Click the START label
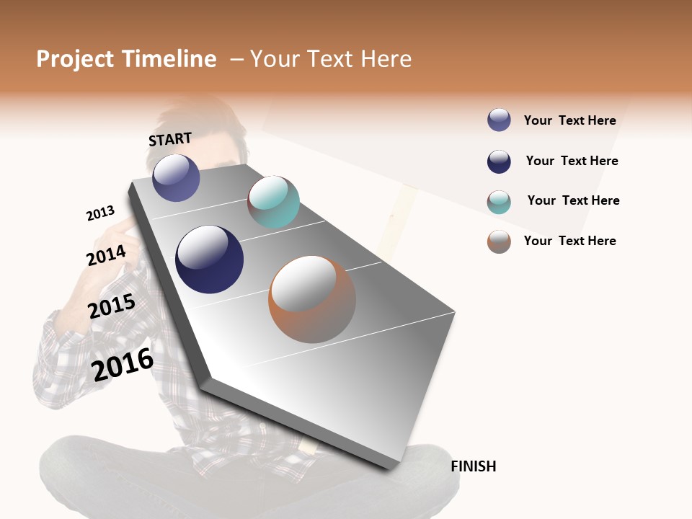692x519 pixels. click(x=170, y=139)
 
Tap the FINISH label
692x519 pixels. click(x=473, y=466)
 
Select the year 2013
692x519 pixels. click(x=100, y=213)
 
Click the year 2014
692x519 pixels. click(x=106, y=255)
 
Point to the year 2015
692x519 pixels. click(x=111, y=306)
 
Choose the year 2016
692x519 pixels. click(x=123, y=364)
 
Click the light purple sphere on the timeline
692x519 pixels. click(x=176, y=178)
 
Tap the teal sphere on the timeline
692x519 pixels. click(x=273, y=202)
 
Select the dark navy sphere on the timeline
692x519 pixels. click(x=210, y=259)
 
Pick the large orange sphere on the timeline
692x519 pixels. click(x=312, y=299)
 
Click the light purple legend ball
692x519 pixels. click(x=499, y=120)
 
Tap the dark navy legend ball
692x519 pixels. click(x=499, y=161)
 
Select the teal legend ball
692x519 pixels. click(x=499, y=202)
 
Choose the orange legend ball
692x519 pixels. click(x=499, y=241)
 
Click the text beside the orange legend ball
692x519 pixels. click(x=569, y=241)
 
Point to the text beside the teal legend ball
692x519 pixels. click(x=573, y=200)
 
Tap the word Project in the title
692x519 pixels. click(x=76, y=59)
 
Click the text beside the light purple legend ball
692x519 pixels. click(x=569, y=120)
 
